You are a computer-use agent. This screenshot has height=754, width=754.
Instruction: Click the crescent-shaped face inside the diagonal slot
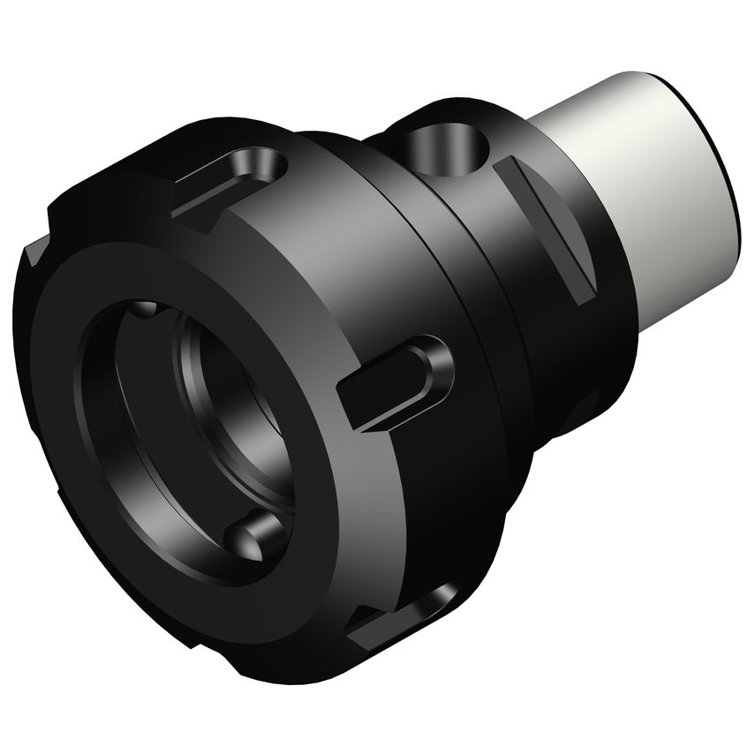[565, 256]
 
